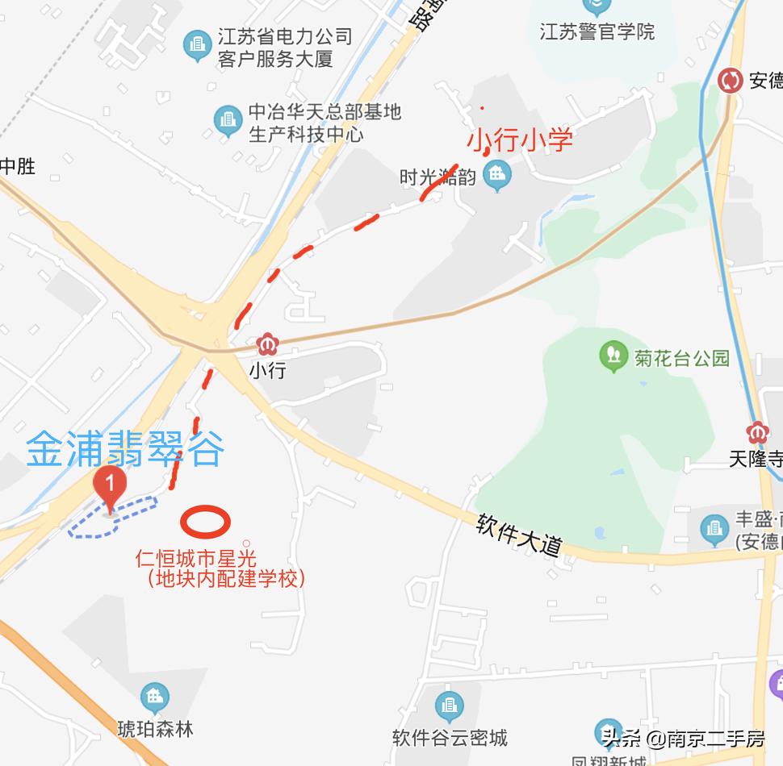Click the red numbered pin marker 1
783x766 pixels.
coord(110,486)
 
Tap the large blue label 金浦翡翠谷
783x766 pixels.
coord(124,450)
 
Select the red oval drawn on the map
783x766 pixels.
coord(205,521)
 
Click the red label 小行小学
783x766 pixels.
coord(521,139)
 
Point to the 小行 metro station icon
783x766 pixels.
coord(266,346)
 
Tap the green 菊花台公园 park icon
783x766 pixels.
coord(613,356)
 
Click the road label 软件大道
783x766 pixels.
coord(518,535)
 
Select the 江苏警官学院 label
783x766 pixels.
coord(597,32)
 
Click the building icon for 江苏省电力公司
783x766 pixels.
coord(197,46)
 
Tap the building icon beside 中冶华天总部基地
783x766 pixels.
coord(228,122)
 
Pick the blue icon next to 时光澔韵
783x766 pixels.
coord(496,174)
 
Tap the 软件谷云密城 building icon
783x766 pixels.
coord(449,706)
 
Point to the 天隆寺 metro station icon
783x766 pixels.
coord(757,432)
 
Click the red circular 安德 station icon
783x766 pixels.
coord(731,81)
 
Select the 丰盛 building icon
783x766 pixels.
coord(714,529)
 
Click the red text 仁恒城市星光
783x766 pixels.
coord(195,558)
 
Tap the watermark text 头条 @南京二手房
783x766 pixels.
coord(683,739)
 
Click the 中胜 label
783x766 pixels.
coord(17,167)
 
